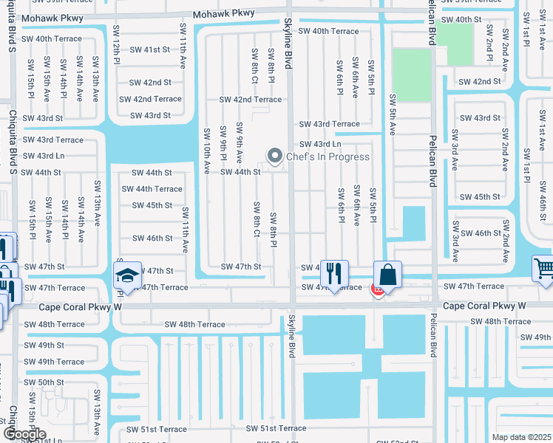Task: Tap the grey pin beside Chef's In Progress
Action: [275, 156]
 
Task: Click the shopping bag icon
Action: [387, 275]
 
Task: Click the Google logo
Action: [24, 434]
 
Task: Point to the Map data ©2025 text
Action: [522, 437]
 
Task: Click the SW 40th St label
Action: [461, 20]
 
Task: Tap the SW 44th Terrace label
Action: [152, 189]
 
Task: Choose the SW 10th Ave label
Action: [207, 150]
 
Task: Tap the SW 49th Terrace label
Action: [52, 362]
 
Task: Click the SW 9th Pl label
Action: [223, 144]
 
